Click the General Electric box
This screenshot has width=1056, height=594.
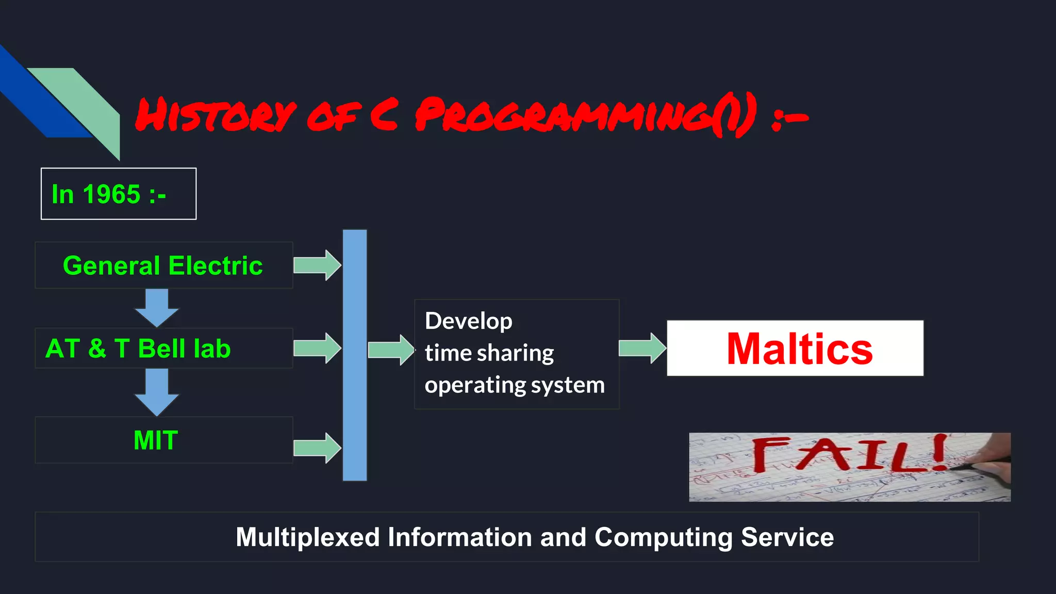163,266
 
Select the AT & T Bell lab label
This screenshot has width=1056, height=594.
138,349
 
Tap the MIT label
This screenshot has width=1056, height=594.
156,440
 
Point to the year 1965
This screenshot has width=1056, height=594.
111,194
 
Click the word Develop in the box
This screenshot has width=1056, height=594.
468,321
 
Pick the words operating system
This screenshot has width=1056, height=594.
514,385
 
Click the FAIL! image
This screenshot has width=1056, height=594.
849,467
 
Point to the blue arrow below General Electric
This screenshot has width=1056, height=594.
157,307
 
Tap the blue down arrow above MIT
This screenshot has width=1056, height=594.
157,392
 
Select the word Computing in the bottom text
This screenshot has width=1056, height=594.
663,537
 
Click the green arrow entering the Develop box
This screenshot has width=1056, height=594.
391,350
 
